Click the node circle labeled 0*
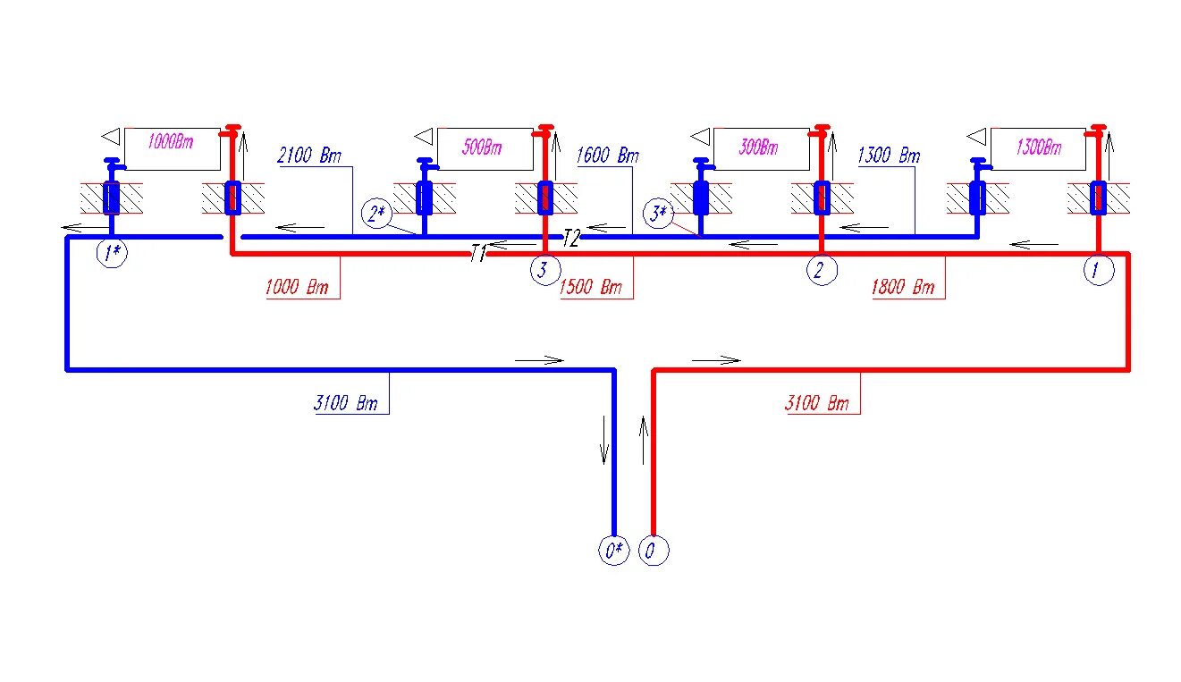613,551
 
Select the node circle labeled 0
654,551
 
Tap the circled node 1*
113,254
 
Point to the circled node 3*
658,214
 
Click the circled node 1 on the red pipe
1099,270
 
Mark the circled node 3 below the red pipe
544,270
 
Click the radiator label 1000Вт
171,141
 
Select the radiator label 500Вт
482,147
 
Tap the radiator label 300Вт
759,147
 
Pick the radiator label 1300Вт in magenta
1039,147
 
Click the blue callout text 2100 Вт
309,156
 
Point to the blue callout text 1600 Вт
608,156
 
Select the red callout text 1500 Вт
590,288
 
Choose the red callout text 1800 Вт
902,288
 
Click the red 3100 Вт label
816,403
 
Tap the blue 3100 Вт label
345,403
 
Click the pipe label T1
478,255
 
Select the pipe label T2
572,237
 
